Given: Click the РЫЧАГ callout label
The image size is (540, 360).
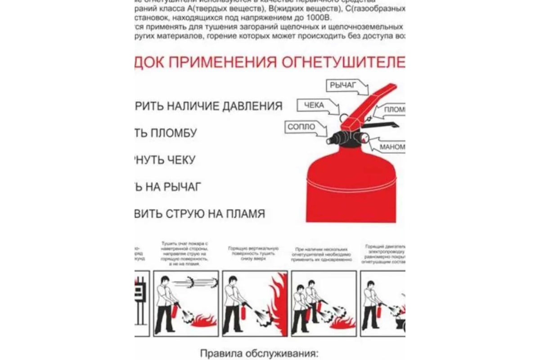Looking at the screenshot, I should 342,85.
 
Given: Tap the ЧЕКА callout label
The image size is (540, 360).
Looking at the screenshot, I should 314,105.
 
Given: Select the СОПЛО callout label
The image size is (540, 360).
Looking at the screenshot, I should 301,127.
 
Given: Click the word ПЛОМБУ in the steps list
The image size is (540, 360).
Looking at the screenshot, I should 173,133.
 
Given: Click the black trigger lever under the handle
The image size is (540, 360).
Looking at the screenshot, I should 382,124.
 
